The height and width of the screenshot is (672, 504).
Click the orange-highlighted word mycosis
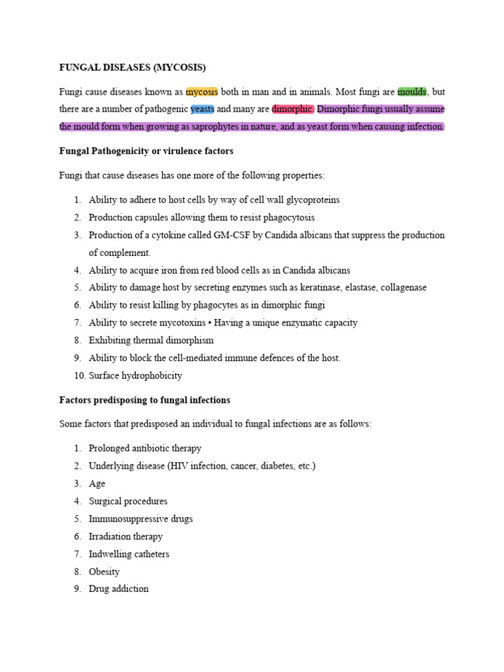201,92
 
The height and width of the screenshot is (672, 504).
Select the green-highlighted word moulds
412,92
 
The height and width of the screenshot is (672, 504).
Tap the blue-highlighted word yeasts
202,109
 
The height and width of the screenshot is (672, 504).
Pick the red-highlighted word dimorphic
292,109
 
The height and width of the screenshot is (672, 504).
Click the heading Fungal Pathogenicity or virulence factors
146,151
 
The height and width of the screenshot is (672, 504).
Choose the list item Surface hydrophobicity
135,376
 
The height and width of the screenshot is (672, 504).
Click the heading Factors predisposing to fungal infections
144,400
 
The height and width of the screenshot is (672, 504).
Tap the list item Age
96,484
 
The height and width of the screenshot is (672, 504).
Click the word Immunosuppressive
124,518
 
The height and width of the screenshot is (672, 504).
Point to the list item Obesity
104,572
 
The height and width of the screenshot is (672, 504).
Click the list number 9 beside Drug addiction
77,589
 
